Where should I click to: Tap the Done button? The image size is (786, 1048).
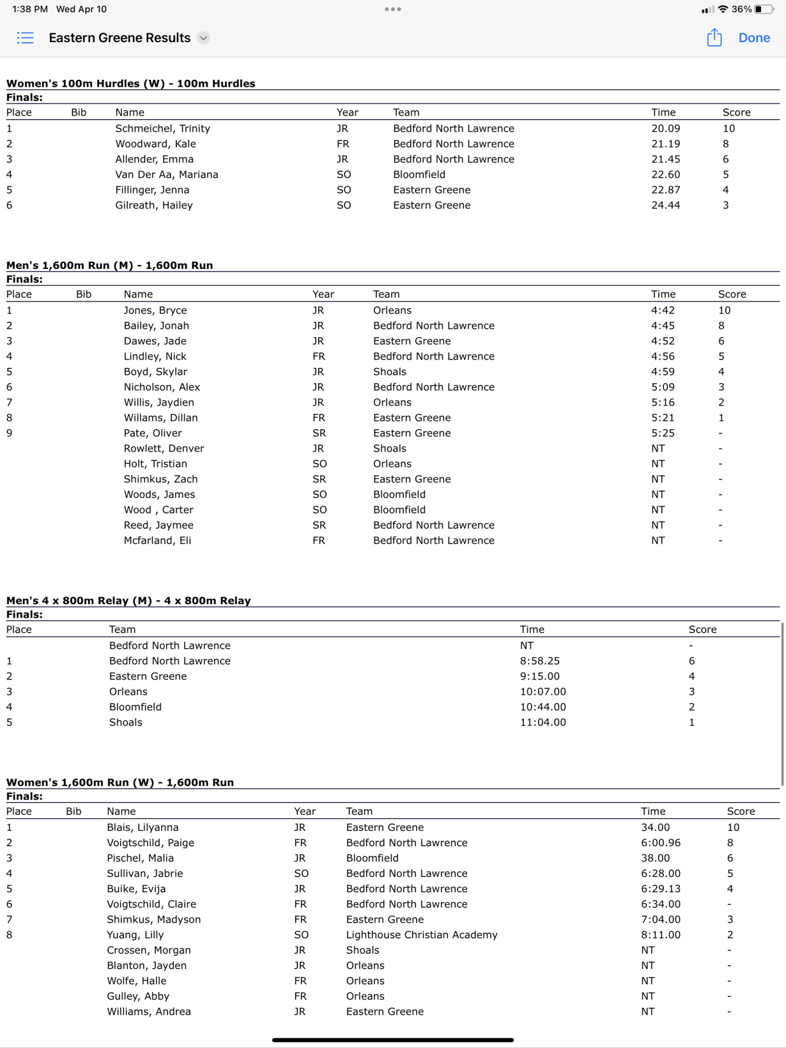coord(754,38)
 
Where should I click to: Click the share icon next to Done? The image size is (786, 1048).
coord(714,38)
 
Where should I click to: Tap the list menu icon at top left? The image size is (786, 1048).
coord(26,38)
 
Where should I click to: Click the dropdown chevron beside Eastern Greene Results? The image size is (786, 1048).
coord(203,38)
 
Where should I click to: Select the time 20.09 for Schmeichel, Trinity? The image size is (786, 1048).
coord(665,128)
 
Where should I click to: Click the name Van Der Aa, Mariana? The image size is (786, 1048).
coord(166,174)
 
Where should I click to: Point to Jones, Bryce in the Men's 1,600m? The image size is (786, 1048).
coord(155,310)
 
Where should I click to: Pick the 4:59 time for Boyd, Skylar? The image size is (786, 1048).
coord(663,372)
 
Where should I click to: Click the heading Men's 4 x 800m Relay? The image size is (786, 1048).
coord(128,600)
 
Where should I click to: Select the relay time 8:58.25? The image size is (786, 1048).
coord(539,661)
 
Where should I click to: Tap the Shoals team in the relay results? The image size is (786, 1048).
coord(126,722)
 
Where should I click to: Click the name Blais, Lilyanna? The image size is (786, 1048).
coord(143,827)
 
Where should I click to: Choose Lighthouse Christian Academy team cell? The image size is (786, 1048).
coord(421,934)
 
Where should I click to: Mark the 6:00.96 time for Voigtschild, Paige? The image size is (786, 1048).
coord(660,842)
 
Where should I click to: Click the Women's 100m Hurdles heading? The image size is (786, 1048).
coord(130,84)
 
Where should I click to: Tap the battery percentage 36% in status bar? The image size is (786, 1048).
coord(741,9)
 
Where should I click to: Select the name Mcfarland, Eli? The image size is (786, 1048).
coord(157,540)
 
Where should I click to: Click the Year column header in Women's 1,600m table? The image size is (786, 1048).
coord(304,811)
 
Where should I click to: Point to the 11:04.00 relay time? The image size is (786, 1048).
coord(543,722)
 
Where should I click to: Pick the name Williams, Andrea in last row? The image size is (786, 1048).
coord(148,1011)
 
